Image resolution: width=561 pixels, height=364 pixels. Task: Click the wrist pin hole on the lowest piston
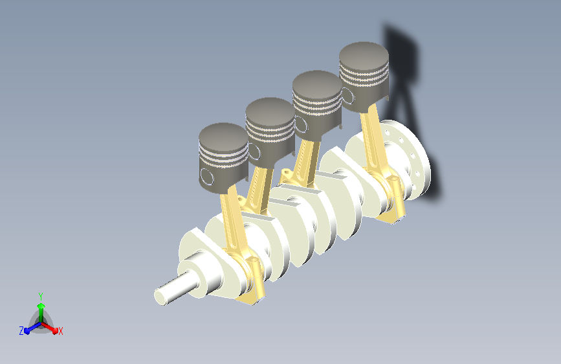(207, 177)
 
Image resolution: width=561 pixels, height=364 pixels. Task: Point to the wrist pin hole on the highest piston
(347, 96)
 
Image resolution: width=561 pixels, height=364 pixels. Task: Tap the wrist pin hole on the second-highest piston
(300, 124)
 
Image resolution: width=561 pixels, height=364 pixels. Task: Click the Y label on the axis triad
(41, 297)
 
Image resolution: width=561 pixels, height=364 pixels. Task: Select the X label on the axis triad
(60, 331)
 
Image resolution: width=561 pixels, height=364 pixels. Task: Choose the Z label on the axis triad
(21, 331)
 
